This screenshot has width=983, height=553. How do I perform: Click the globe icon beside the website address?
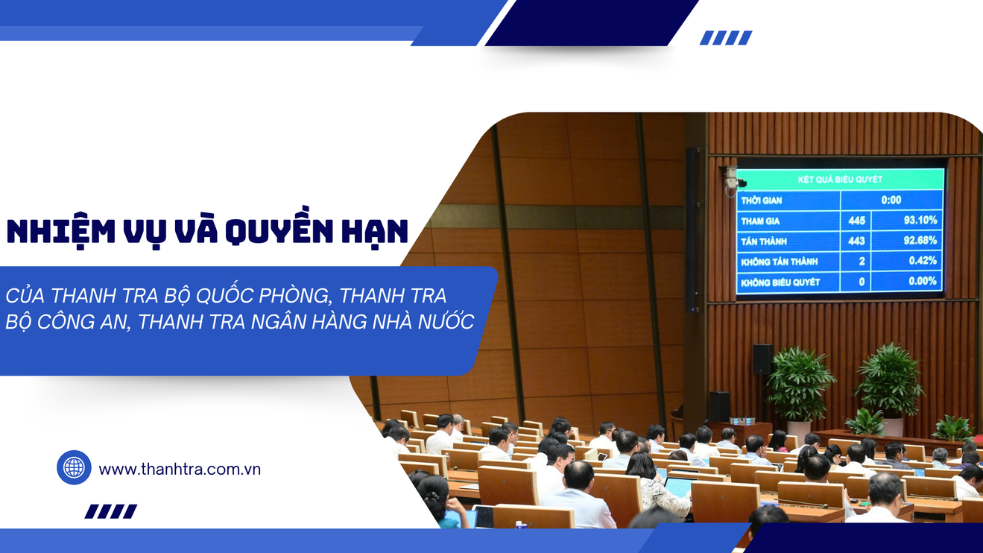tap(75, 467)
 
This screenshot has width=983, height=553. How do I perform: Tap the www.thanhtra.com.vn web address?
tap(180, 470)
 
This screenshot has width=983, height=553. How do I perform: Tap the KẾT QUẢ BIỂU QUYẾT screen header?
tap(840, 180)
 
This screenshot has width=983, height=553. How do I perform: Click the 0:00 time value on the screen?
tap(891, 200)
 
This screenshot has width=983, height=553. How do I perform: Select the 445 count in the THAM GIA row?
tap(856, 221)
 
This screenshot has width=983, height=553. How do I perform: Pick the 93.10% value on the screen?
tap(920, 220)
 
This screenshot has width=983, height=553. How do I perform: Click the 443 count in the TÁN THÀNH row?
tap(856, 241)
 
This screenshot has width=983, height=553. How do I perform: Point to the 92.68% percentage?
tap(920, 240)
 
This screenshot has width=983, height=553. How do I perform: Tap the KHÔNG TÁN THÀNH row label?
tap(780, 262)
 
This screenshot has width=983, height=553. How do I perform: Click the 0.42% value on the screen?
tap(923, 261)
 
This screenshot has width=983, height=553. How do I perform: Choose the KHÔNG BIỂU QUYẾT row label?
tap(780, 282)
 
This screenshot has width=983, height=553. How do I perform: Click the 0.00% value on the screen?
tap(923, 281)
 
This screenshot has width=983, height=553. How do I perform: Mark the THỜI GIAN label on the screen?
tap(762, 200)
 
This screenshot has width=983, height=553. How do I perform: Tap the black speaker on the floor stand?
tap(764, 359)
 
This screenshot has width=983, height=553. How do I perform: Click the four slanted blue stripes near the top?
tap(726, 38)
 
